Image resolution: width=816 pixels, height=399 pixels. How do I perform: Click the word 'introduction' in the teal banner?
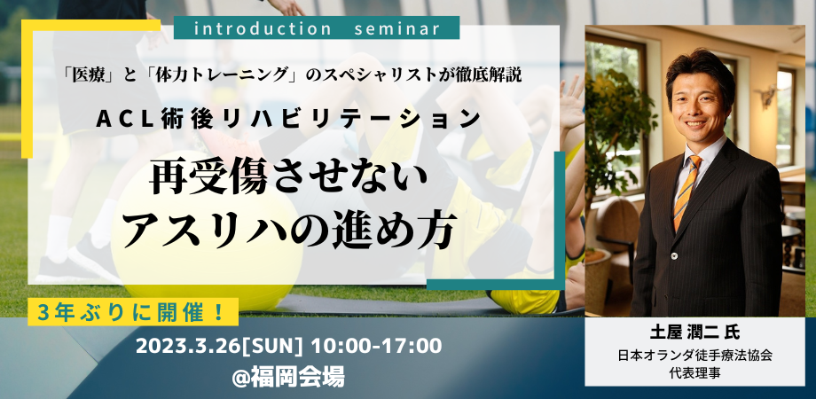[x=262, y=27]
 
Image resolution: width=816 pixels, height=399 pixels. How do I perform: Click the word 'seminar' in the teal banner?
[x=396, y=27]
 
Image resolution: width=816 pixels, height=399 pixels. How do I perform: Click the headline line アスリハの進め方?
[x=290, y=230]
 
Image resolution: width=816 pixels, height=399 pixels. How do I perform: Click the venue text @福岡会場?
[x=288, y=376]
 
